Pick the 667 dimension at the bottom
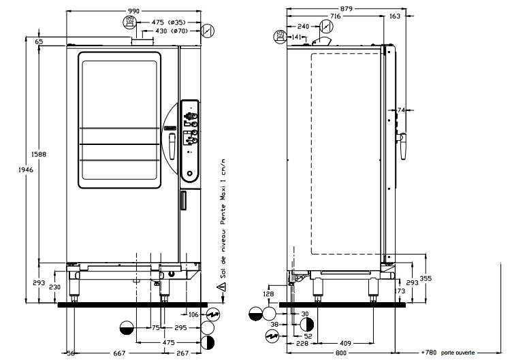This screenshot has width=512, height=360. [x=118, y=353]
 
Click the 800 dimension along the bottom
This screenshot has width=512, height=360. [x=340, y=353]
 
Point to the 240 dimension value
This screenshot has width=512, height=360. [x=304, y=26]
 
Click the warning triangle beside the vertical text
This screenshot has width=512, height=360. [x=222, y=288]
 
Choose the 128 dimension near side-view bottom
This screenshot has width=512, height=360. [x=269, y=294]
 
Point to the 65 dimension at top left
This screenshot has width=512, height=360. [x=39, y=42]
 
